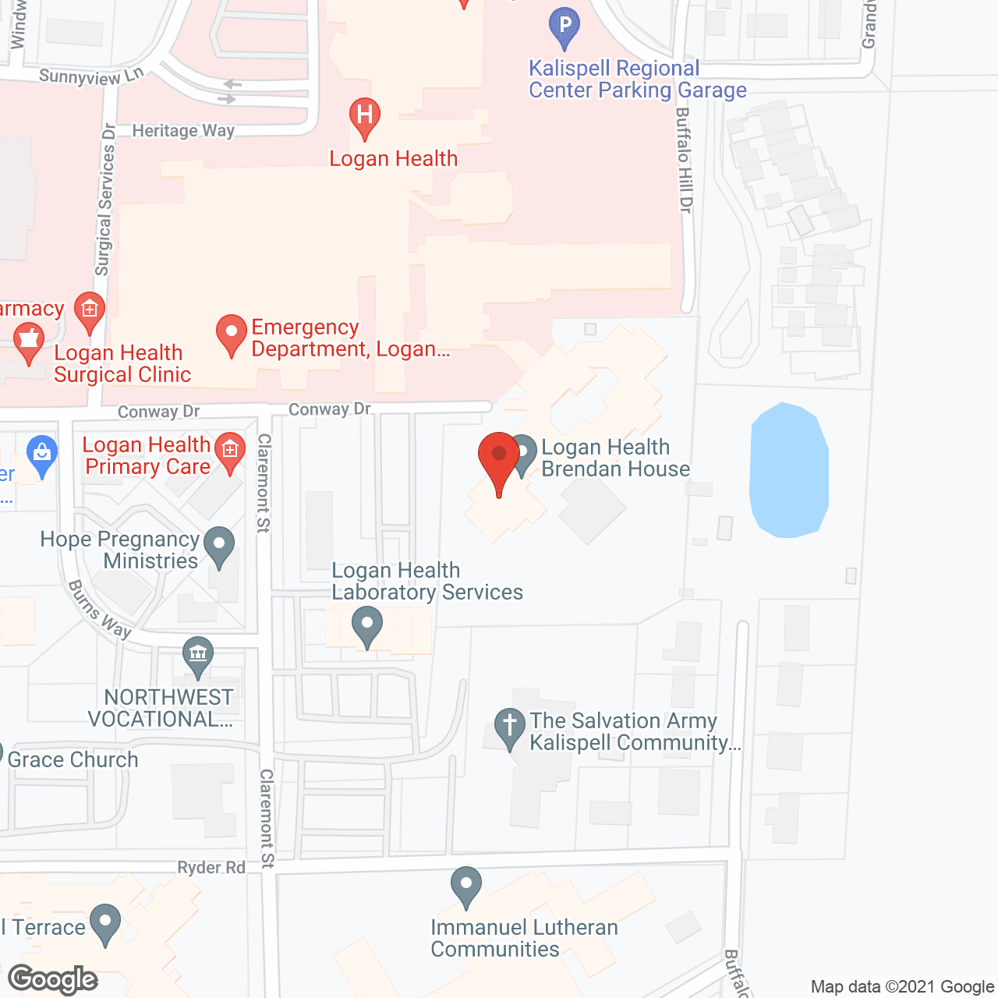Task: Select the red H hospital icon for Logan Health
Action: [364, 117]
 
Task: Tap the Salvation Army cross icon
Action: [509, 727]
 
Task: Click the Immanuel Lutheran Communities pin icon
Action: [466, 886]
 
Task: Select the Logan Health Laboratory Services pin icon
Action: [366, 626]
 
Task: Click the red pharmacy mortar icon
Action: [29, 343]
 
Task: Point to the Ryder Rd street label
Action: [211, 867]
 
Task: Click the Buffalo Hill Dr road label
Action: [684, 160]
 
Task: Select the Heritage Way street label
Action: [183, 130]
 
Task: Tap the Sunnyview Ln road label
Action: [91, 76]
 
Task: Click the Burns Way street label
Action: [100, 609]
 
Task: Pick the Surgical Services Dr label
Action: [105, 200]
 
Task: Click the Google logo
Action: [53, 979]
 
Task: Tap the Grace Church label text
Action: [73, 759]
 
